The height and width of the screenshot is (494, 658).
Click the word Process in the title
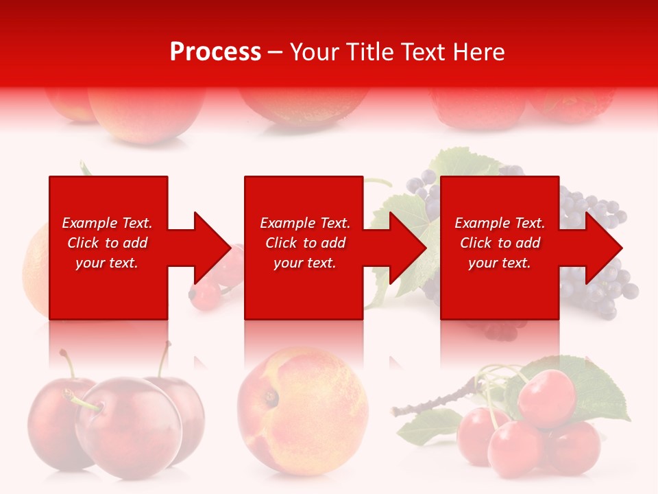pos(215,52)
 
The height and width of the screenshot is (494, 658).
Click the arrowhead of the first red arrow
pos(213,248)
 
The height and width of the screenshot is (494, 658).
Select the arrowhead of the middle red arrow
pos(409,248)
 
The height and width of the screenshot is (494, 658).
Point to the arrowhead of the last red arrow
pos(604,248)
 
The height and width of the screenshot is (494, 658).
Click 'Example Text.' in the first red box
pos(107,223)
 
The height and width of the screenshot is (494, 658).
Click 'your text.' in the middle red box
pos(304,263)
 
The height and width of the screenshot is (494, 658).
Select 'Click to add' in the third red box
pos(500,243)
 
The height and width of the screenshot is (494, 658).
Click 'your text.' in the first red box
pos(107,263)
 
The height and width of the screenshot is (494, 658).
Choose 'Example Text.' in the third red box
pos(500,223)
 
